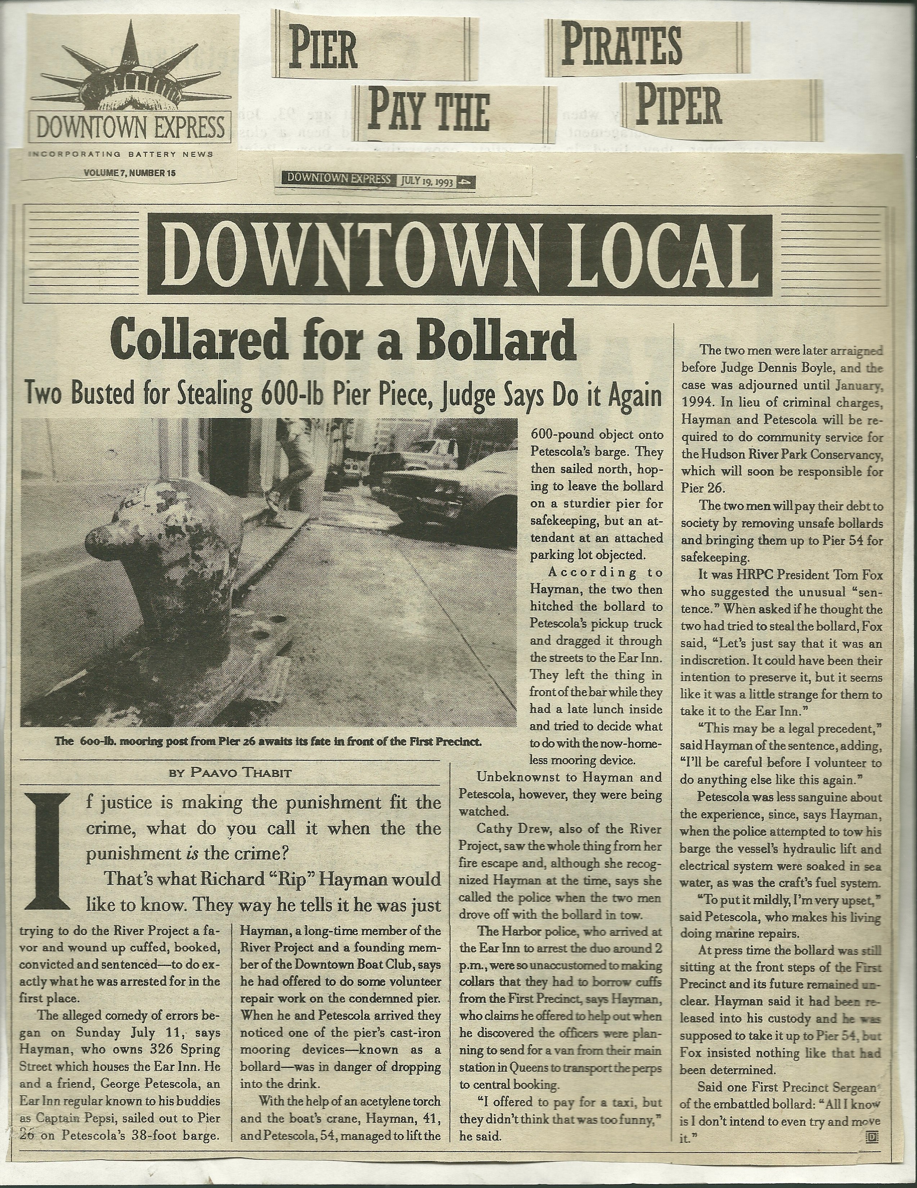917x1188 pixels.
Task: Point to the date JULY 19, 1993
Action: pyautogui.click(x=427, y=182)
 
